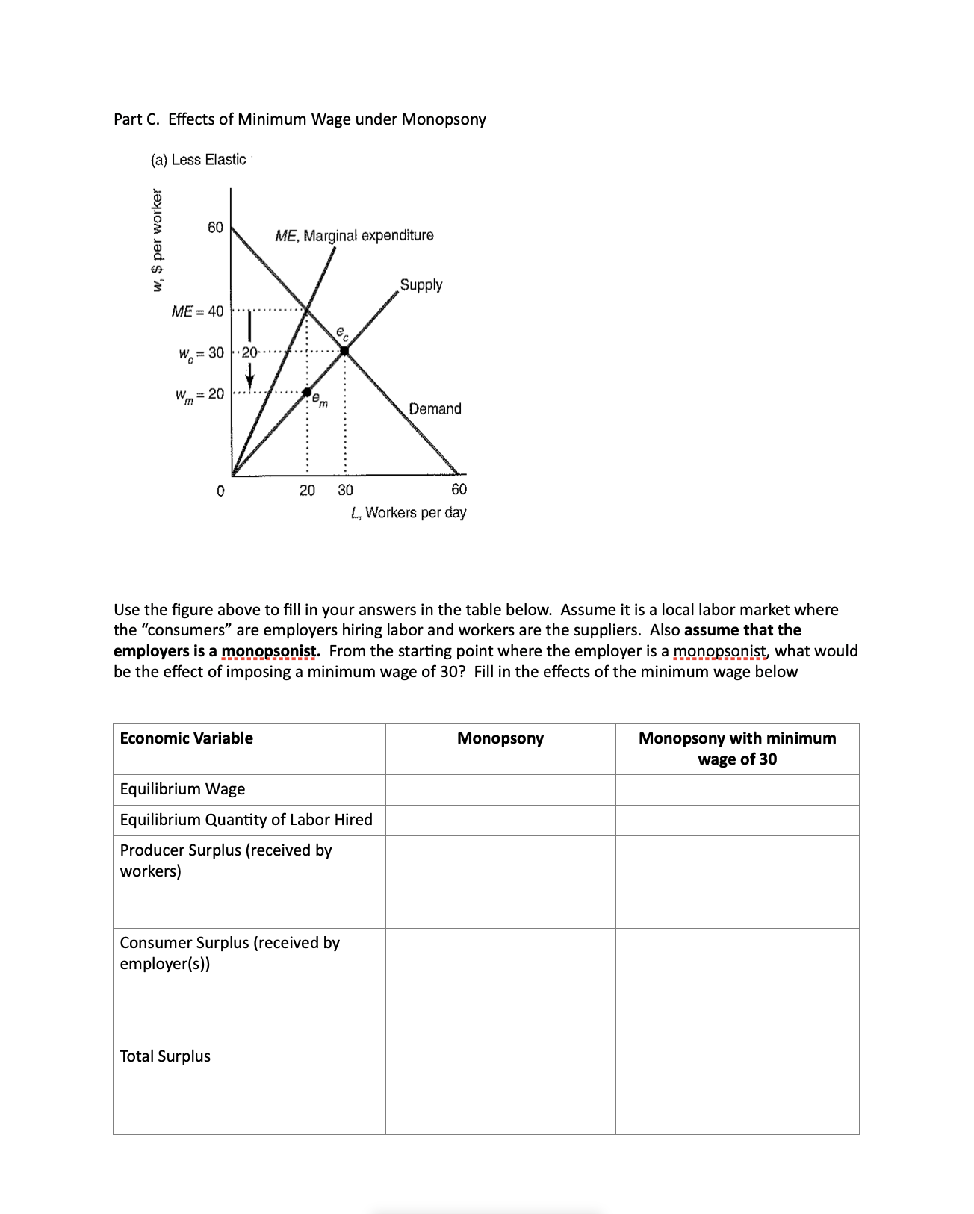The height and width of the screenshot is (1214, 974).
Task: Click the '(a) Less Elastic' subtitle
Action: (x=198, y=160)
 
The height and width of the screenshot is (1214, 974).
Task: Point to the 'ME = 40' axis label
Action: (x=197, y=311)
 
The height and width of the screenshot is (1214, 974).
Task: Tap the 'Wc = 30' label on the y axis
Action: (x=200, y=352)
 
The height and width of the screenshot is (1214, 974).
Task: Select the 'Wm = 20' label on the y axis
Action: (x=199, y=394)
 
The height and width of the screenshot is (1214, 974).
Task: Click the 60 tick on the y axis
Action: (x=215, y=227)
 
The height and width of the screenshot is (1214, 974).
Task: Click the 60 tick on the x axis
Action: (x=459, y=489)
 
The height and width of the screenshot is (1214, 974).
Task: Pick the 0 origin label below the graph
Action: (x=220, y=491)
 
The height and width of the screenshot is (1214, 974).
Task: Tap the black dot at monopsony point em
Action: (x=306, y=391)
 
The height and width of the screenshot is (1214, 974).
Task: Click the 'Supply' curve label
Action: (x=421, y=285)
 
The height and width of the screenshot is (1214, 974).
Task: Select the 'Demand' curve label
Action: (x=435, y=408)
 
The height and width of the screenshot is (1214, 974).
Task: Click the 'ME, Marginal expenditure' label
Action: (x=354, y=236)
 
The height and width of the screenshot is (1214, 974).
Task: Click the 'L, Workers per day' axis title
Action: (x=409, y=513)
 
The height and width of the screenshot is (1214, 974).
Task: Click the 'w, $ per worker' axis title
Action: (x=157, y=240)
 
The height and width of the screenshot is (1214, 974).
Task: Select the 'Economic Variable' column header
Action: (x=187, y=738)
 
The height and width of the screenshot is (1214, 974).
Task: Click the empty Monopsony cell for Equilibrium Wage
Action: (x=500, y=789)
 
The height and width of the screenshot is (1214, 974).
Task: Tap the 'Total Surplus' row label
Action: (x=165, y=1056)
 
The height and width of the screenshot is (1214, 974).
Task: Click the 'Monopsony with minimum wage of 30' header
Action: (x=737, y=748)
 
